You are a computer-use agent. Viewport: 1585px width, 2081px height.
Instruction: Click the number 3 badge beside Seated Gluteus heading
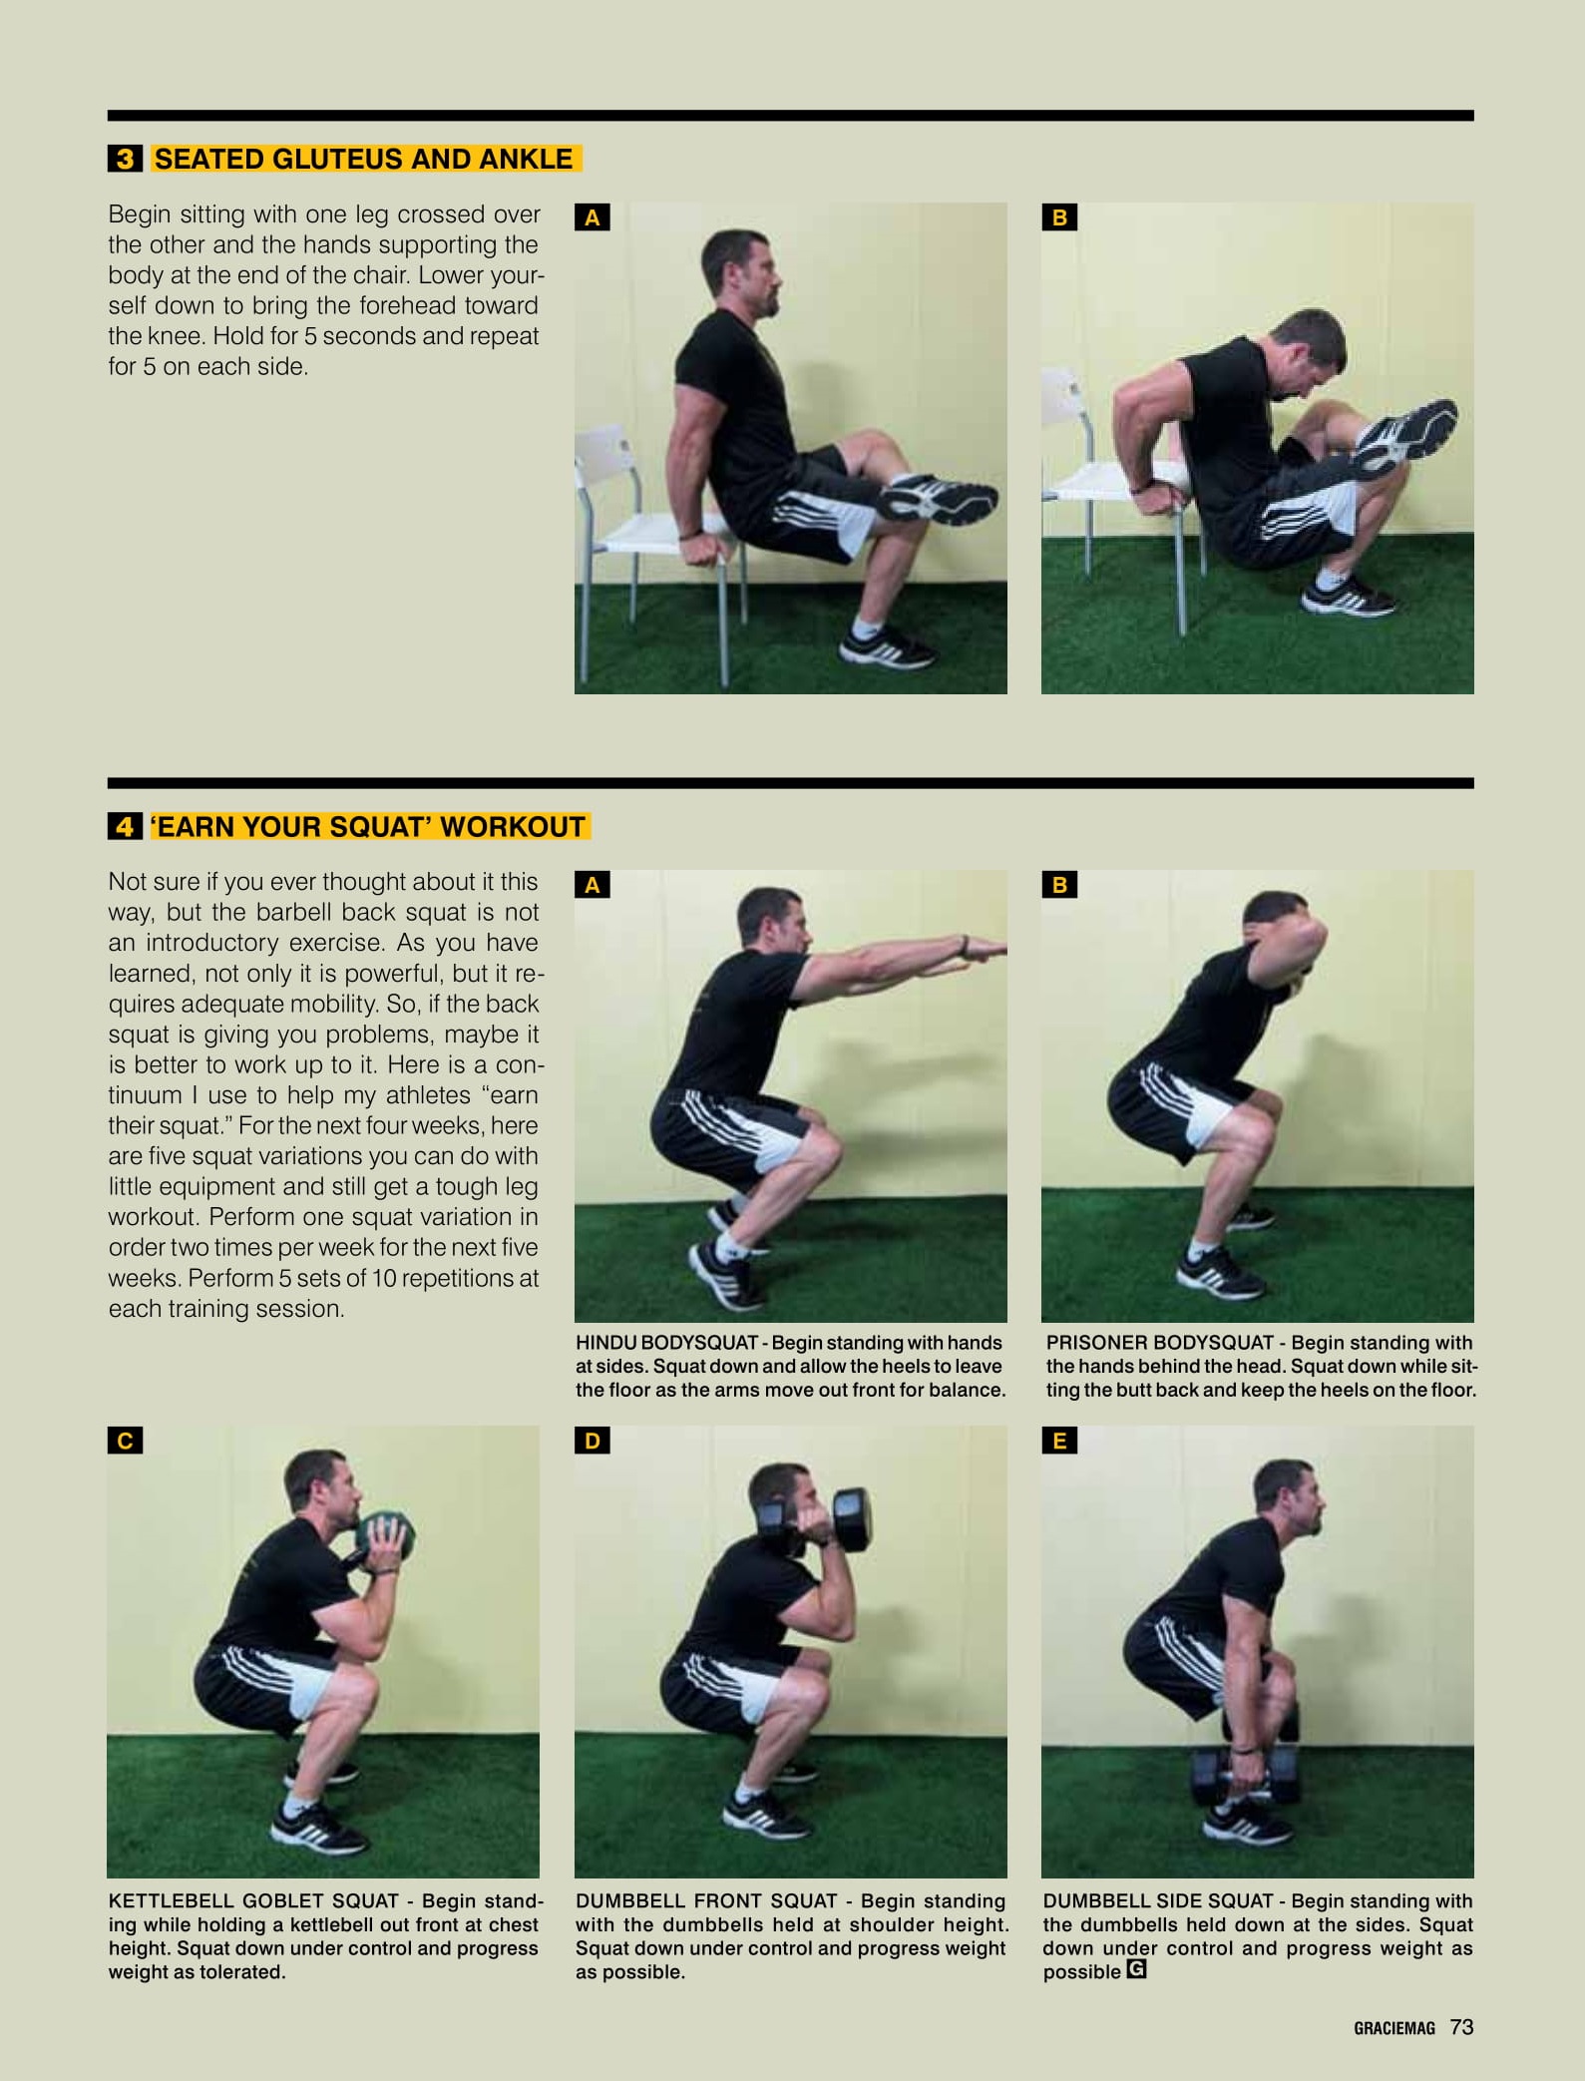125,159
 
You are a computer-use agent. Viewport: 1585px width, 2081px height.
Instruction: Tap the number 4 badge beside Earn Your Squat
125,826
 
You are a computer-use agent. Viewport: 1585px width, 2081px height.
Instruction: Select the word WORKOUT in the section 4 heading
513,827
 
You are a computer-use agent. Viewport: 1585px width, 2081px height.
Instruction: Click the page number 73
1461,2027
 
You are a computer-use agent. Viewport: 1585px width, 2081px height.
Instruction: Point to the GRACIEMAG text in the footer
1394,2028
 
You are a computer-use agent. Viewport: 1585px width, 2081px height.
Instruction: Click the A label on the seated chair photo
592,217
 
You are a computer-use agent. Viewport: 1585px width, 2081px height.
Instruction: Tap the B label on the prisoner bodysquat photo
1059,885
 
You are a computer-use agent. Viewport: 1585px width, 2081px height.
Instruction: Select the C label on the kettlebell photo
125,1441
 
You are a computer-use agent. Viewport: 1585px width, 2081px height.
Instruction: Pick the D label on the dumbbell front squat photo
592,1441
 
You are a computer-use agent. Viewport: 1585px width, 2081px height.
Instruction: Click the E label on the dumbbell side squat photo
1059,1441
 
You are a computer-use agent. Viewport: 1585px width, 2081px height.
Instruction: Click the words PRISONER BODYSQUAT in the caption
1160,1343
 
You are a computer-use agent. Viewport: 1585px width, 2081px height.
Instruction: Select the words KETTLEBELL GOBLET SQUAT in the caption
253,1901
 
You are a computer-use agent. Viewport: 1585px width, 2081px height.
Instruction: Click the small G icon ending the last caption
1136,1970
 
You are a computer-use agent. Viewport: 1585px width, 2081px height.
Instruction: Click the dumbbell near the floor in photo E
1247,1776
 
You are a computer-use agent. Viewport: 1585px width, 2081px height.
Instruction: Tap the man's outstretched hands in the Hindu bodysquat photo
983,951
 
